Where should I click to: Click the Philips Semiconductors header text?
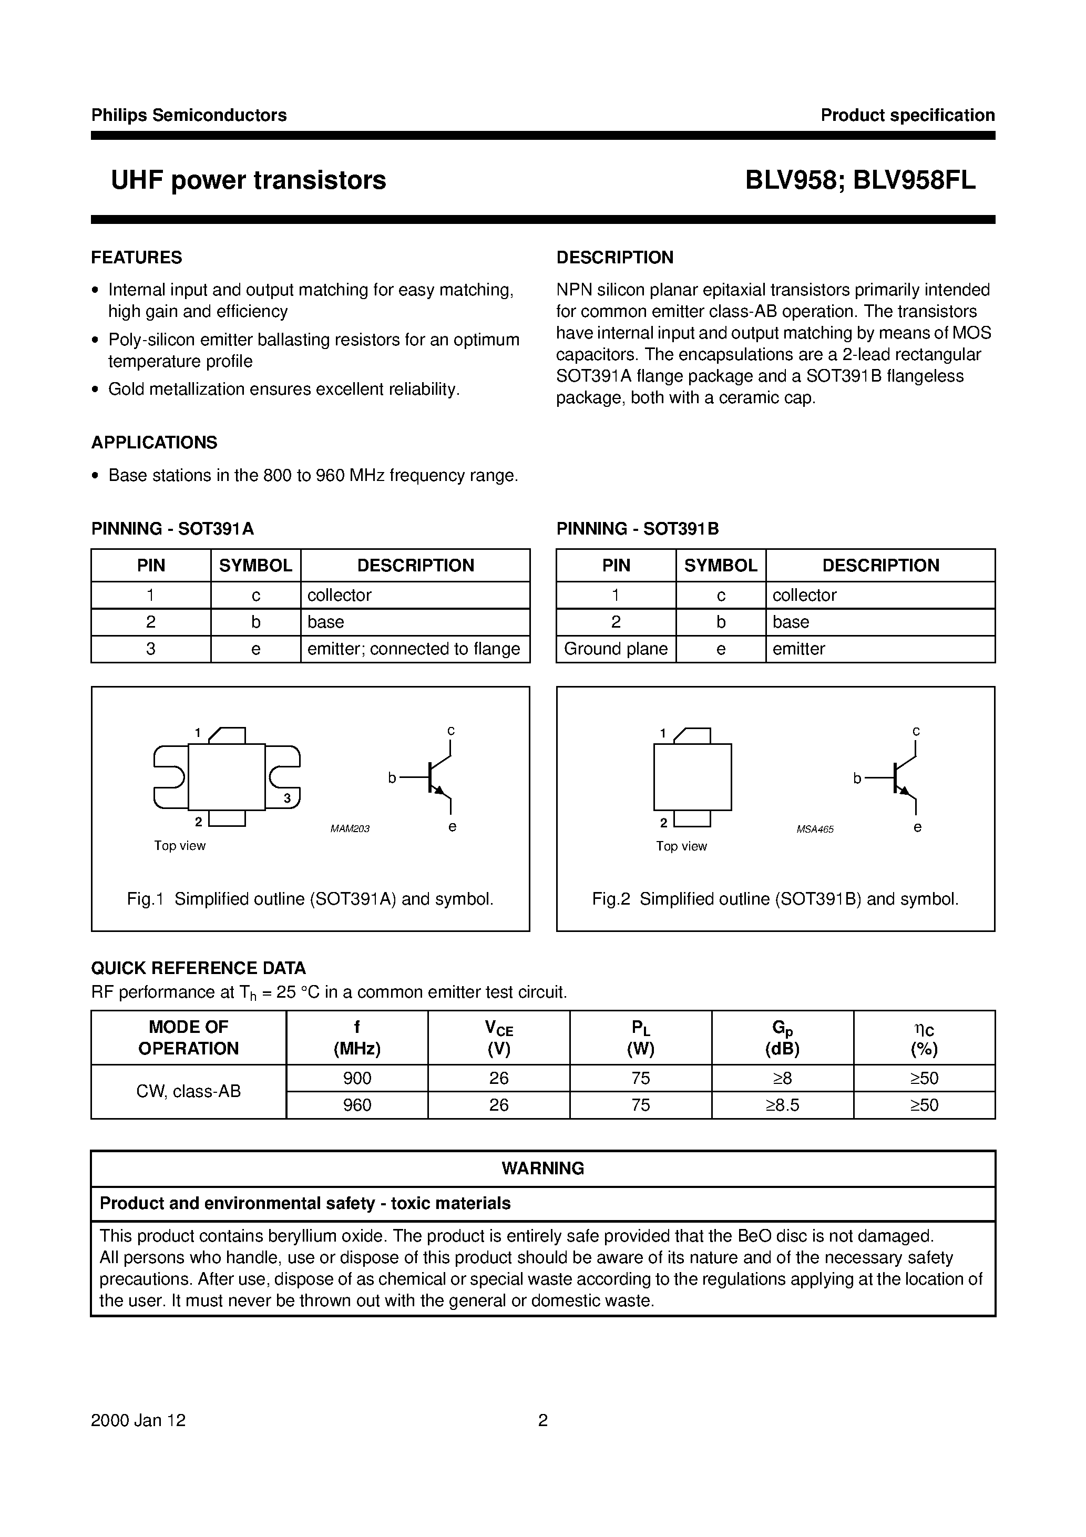click(x=189, y=115)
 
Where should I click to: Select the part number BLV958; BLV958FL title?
click(x=860, y=180)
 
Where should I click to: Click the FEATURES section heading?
click(x=137, y=258)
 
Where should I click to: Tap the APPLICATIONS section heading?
click(x=154, y=443)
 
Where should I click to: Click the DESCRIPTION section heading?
click(x=614, y=258)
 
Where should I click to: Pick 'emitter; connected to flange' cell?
click(x=414, y=649)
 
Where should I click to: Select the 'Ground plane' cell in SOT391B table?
click(x=616, y=649)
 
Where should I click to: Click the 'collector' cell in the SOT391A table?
click(x=339, y=595)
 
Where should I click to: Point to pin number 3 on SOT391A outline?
click(x=286, y=798)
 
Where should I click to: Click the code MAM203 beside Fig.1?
click(x=350, y=829)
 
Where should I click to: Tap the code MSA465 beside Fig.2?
click(x=815, y=829)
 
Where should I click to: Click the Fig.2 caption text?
click(x=775, y=899)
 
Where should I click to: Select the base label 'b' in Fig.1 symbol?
click(x=392, y=778)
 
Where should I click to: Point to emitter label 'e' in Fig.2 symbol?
click(x=917, y=827)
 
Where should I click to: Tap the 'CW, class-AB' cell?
click(x=188, y=1091)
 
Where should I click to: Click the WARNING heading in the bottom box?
click(x=542, y=1168)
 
